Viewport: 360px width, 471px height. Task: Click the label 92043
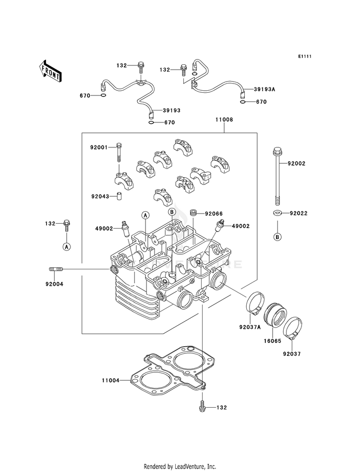pyautogui.click(x=101, y=196)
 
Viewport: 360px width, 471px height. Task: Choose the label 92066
pyautogui.click(x=214, y=213)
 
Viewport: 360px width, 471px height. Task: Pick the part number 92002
pyautogui.click(x=297, y=164)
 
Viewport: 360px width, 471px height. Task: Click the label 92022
pyautogui.click(x=297, y=213)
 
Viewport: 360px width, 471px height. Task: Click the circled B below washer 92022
pyautogui.click(x=277, y=237)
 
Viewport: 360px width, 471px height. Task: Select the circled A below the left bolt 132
pyautogui.click(x=66, y=246)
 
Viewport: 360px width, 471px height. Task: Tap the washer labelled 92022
pyautogui.click(x=277, y=213)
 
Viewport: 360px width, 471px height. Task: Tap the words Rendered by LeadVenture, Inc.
pyautogui.click(x=180, y=466)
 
